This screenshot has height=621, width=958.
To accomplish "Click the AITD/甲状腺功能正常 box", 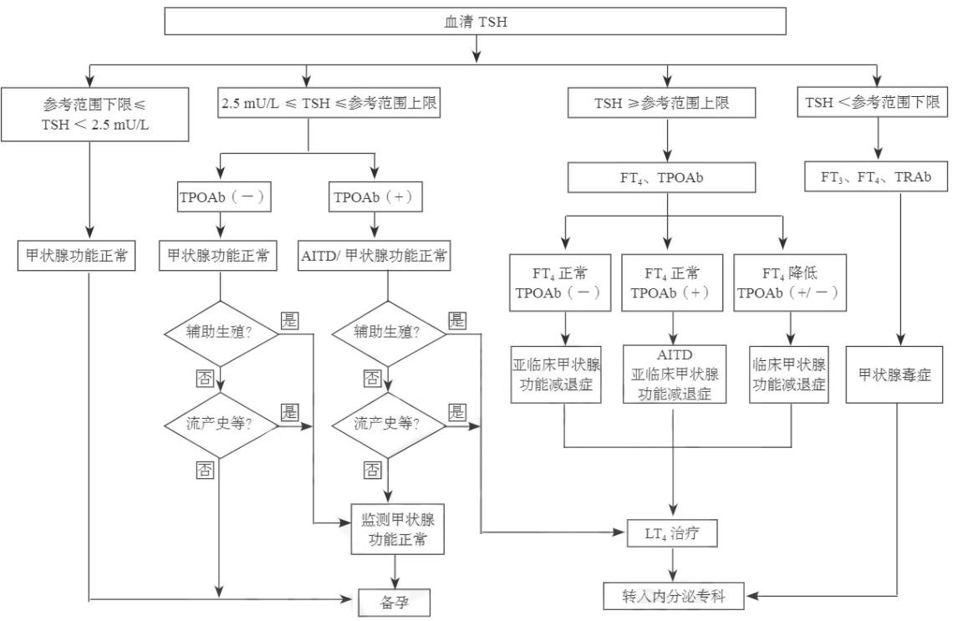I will (x=375, y=257).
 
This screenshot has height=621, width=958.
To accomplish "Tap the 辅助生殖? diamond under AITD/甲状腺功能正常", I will (x=387, y=332).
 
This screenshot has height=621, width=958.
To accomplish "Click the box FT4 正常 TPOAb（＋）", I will (x=674, y=283).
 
